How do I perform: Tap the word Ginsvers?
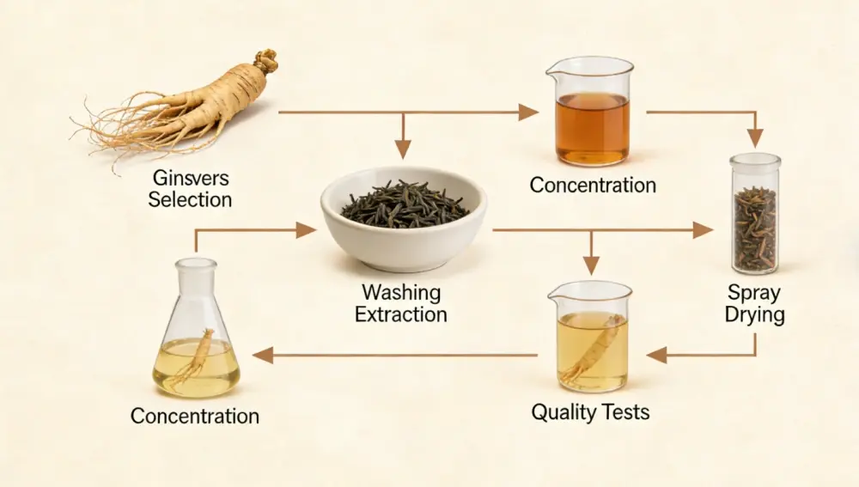[x=190, y=178]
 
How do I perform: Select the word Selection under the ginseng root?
[x=190, y=199]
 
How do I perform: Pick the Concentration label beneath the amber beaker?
[x=593, y=185]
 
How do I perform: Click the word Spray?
[x=754, y=292]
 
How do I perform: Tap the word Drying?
[x=754, y=314]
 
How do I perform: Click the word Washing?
[x=400, y=292]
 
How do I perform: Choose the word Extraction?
[x=400, y=314]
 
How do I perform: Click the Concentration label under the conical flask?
[x=195, y=417]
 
